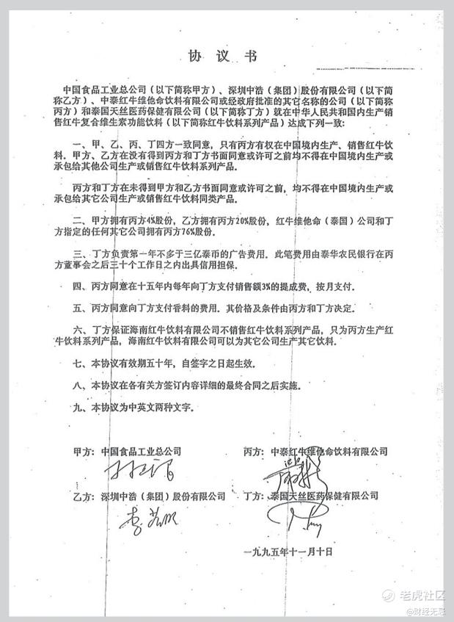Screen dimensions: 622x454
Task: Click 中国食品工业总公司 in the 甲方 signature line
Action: point(141,451)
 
